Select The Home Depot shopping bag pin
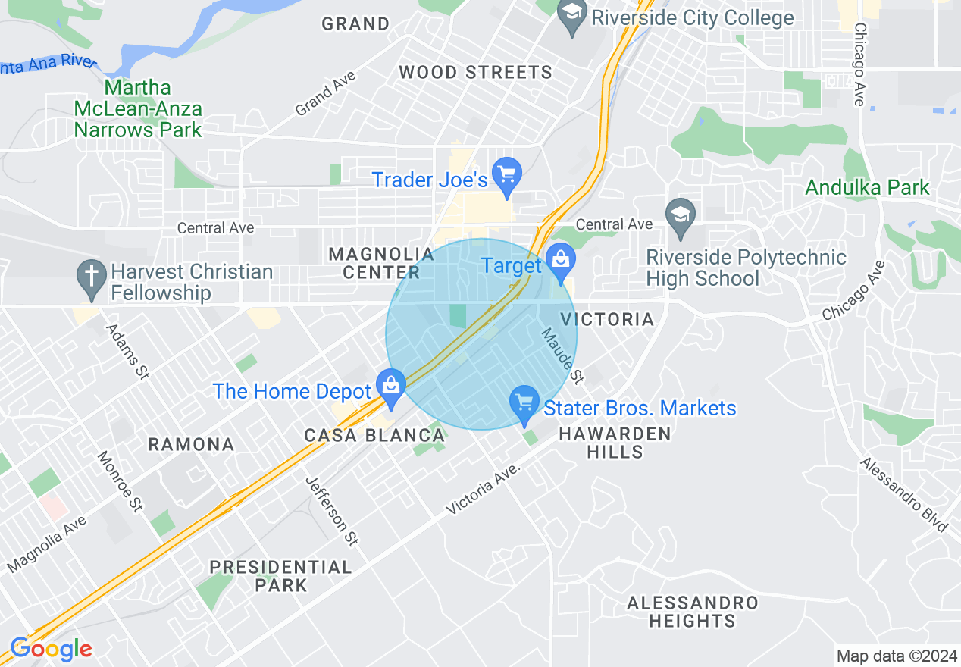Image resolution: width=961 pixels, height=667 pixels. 391,385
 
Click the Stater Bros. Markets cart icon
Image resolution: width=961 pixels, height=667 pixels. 524,402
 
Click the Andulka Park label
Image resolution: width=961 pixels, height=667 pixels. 867,187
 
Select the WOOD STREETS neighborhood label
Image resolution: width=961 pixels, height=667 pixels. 475,73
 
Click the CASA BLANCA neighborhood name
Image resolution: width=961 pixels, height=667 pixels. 374,436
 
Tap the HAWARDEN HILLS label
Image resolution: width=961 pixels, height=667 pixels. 615,443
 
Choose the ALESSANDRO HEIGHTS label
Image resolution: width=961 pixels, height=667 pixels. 693,612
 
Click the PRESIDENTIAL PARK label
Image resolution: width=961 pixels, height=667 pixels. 280,576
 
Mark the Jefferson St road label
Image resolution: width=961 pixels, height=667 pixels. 332,512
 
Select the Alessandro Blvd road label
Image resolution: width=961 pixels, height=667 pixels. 904,495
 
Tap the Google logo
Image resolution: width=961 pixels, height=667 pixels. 51,650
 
